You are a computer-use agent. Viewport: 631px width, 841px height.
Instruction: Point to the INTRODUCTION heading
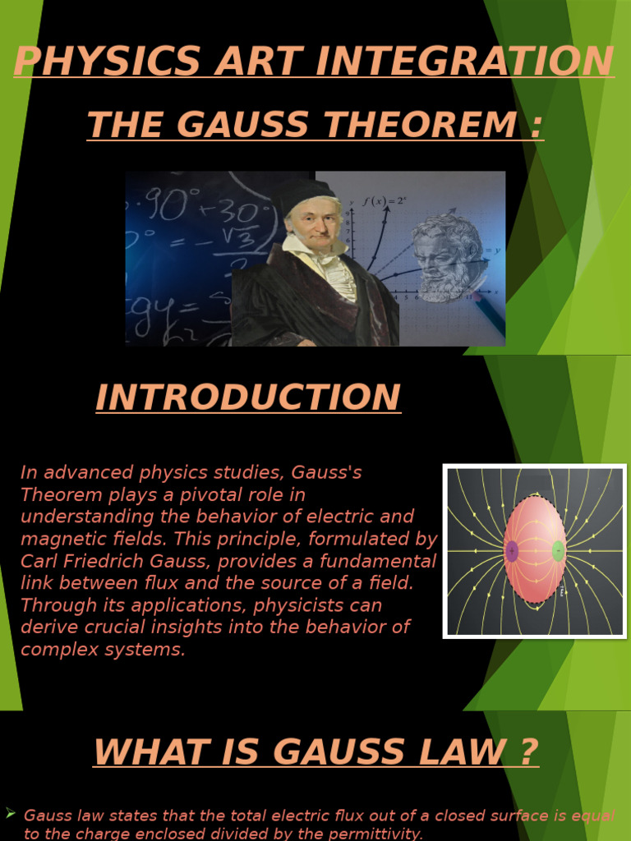click(248, 398)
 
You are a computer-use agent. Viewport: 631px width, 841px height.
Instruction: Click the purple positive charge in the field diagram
click(512, 550)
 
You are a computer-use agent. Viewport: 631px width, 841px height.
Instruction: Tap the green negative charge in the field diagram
click(558, 550)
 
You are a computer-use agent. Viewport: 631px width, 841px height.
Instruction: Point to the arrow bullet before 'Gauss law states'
click(11, 813)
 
